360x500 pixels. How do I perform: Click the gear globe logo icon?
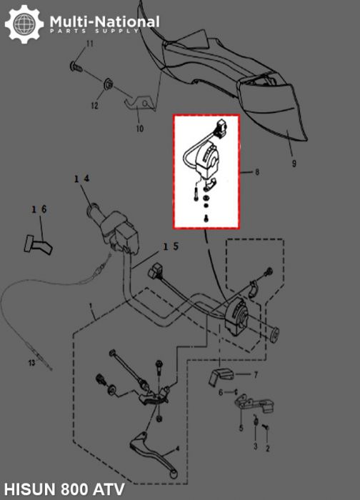tap(24, 25)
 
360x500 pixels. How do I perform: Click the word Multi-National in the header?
tap(104, 22)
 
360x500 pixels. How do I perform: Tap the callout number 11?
tap(90, 45)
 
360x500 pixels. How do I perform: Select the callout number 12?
tap(94, 106)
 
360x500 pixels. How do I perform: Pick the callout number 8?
tap(257, 173)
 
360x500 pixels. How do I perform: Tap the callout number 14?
tap(81, 179)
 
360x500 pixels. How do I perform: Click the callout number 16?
tap(39, 209)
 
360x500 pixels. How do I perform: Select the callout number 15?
tap(171, 246)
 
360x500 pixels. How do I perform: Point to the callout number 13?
tap(31, 364)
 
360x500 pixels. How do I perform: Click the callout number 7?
tap(257, 374)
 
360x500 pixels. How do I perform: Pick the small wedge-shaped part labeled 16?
tap(33, 244)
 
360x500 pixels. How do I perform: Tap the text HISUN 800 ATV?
tap(64, 490)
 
